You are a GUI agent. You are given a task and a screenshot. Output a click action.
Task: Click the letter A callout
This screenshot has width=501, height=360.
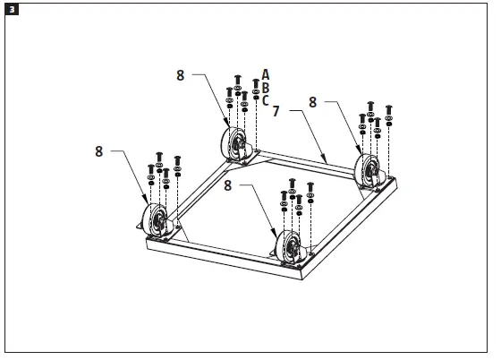click(x=266, y=73)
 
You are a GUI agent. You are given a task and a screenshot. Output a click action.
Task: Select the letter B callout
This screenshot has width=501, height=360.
click(x=266, y=87)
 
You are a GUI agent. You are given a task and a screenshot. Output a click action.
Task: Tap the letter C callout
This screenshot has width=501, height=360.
click(x=266, y=100)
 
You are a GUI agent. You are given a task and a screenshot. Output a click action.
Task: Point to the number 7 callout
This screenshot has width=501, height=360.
click(x=276, y=112)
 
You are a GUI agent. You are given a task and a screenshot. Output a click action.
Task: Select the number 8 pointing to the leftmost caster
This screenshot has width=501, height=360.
click(x=100, y=151)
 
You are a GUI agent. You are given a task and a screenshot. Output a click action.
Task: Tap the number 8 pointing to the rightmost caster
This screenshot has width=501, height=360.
click(x=312, y=103)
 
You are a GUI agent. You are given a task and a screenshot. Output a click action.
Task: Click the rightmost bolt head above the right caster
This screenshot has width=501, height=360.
click(x=388, y=109)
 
